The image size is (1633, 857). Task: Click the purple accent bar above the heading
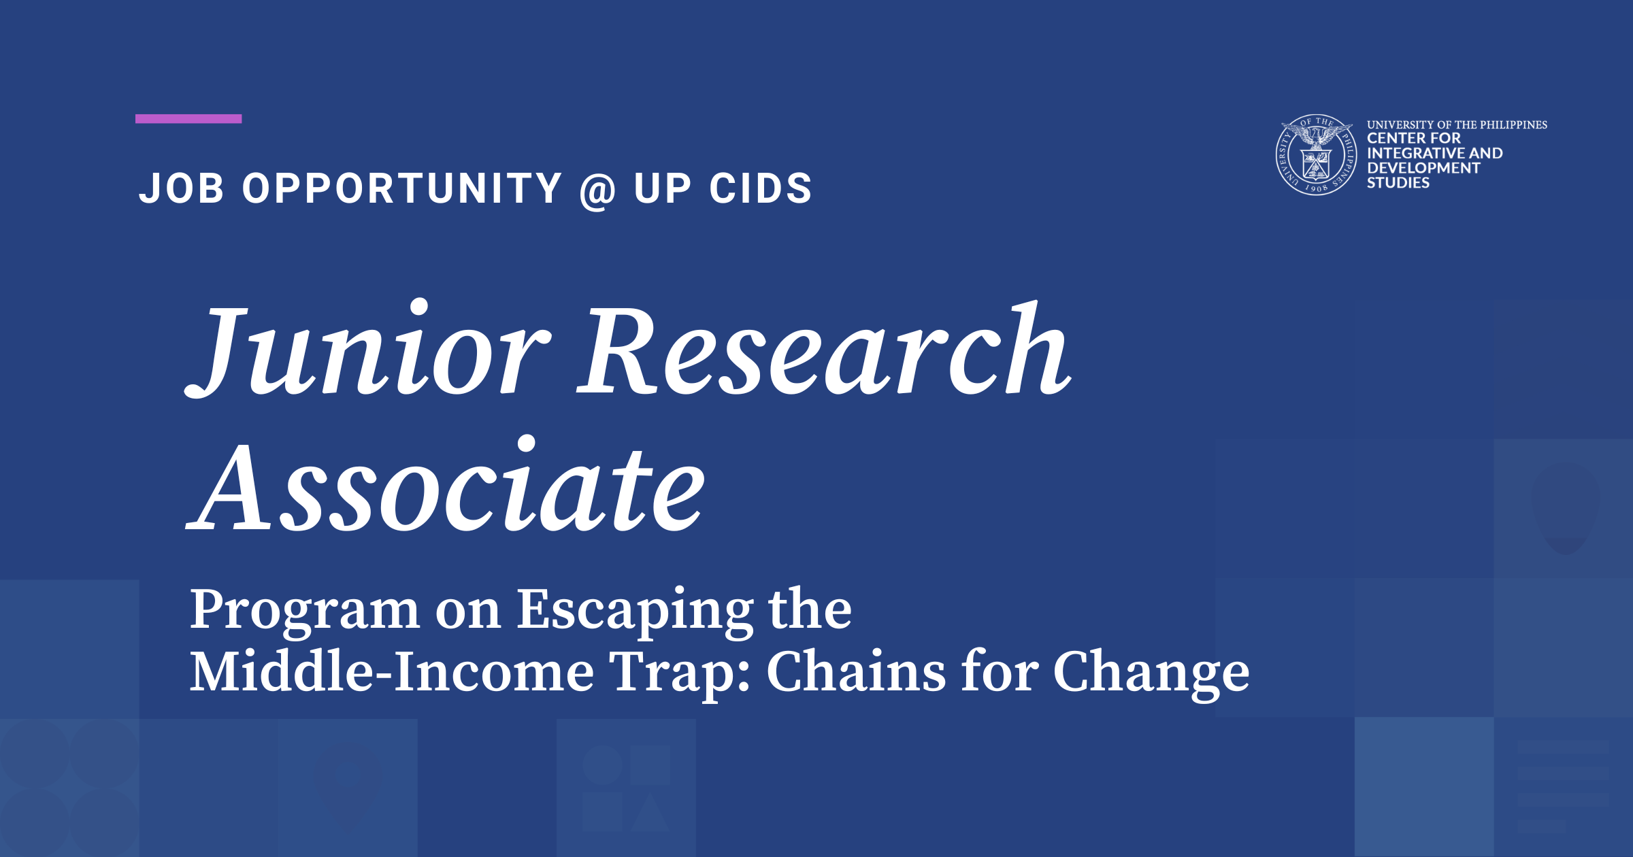pyautogui.click(x=188, y=119)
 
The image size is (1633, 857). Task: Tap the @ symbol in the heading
pyautogui.click(x=597, y=190)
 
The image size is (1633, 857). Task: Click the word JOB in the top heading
pyautogui.click(x=181, y=188)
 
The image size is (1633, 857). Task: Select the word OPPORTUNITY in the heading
pyautogui.click(x=402, y=188)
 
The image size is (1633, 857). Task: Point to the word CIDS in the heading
pyautogui.click(x=761, y=188)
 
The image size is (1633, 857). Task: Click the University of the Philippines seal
pyautogui.click(x=1316, y=155)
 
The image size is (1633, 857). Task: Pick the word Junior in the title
pyautogui.click(x=368, y=349)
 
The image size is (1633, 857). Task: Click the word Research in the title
pyautogui.click(x=824, y=348)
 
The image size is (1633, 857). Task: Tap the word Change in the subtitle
pyautogui.click(x=1151, y=673)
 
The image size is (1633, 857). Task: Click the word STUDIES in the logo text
pyautogui.click(x=1398, y=183)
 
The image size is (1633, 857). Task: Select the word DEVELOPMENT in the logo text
pyautogui.click(x=1423, y=168)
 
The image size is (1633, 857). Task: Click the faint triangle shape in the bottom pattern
pyautogui.click(x=650, y=813)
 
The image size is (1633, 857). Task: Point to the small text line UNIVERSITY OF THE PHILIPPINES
pyautogui.click(x=1457, y=125)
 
